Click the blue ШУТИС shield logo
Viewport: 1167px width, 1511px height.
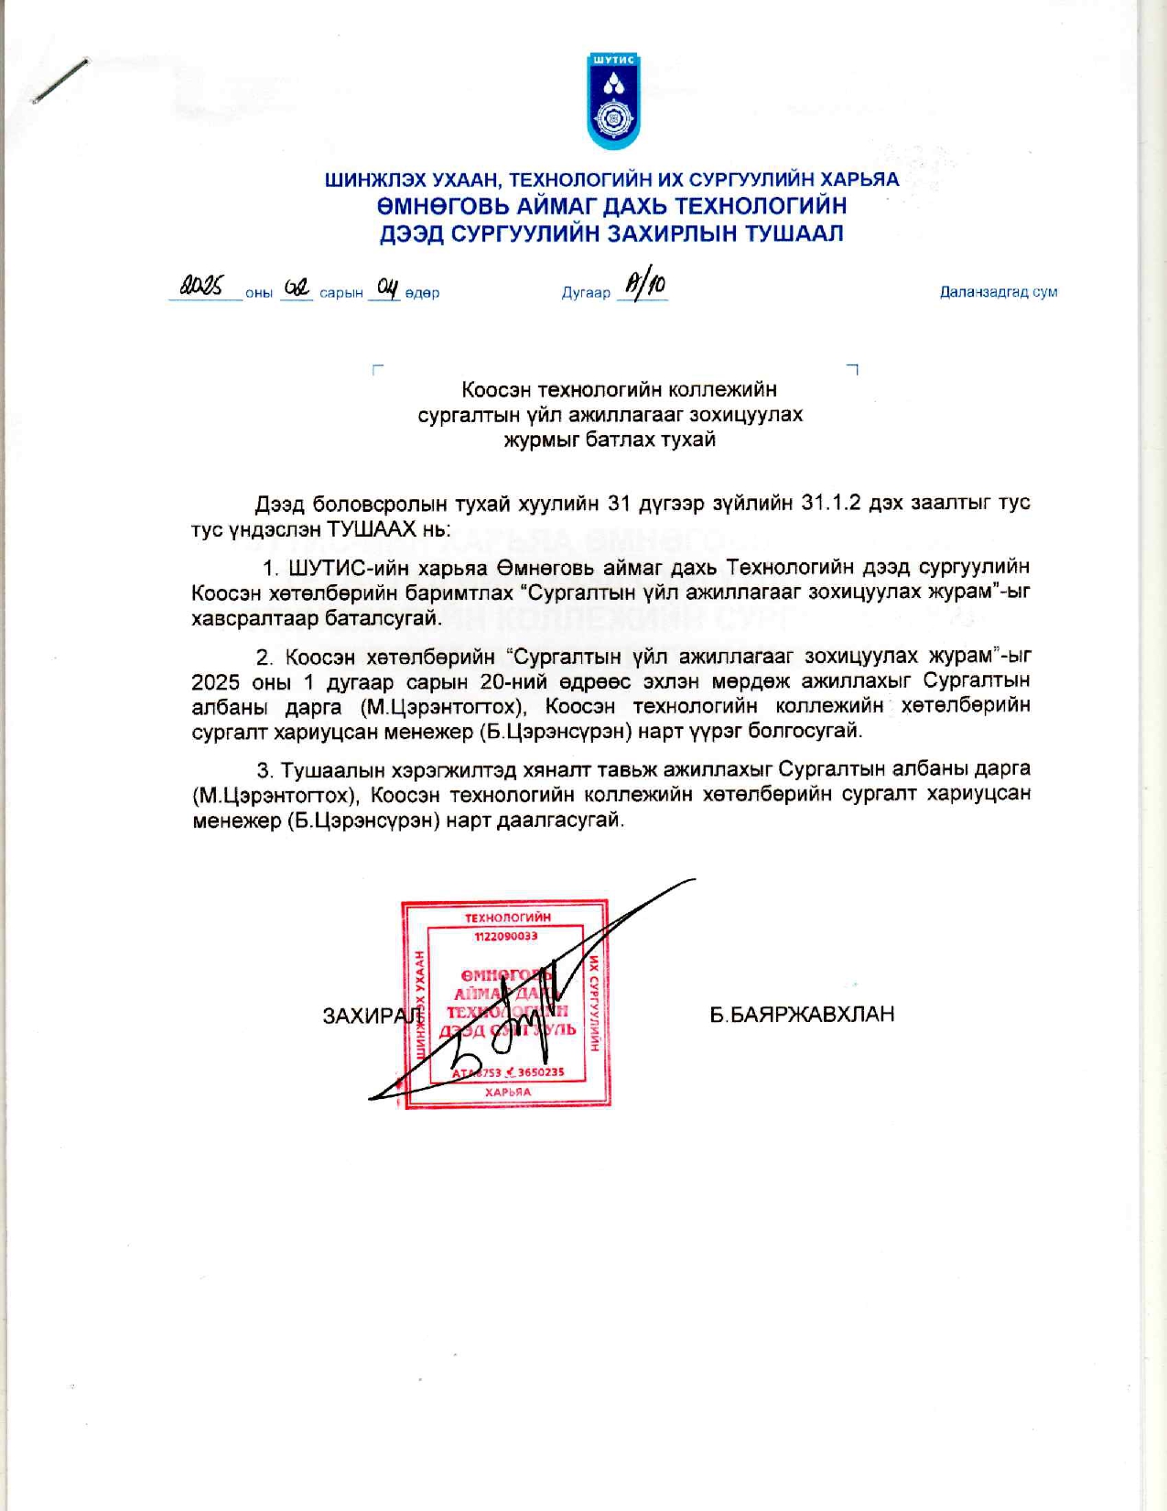click(x=612, y=101)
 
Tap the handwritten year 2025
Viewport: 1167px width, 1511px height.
click(x=201, y=287)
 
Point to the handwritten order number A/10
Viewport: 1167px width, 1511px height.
click(x=644, y=285)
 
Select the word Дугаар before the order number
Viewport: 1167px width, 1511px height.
click(x=586, y=293)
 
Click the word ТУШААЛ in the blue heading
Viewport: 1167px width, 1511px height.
click(x=794, y=234)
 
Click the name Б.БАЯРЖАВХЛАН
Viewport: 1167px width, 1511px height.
click(x=802, y=1015)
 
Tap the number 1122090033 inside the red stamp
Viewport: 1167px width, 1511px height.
click(x=506, y=936)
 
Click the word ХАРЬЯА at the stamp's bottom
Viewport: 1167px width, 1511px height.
click(x=507, y=1092)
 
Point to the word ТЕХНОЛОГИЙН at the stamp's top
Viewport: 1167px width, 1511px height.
click(x=507, y=918)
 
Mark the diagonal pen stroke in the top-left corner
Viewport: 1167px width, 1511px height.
click(x=60, y=81)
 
